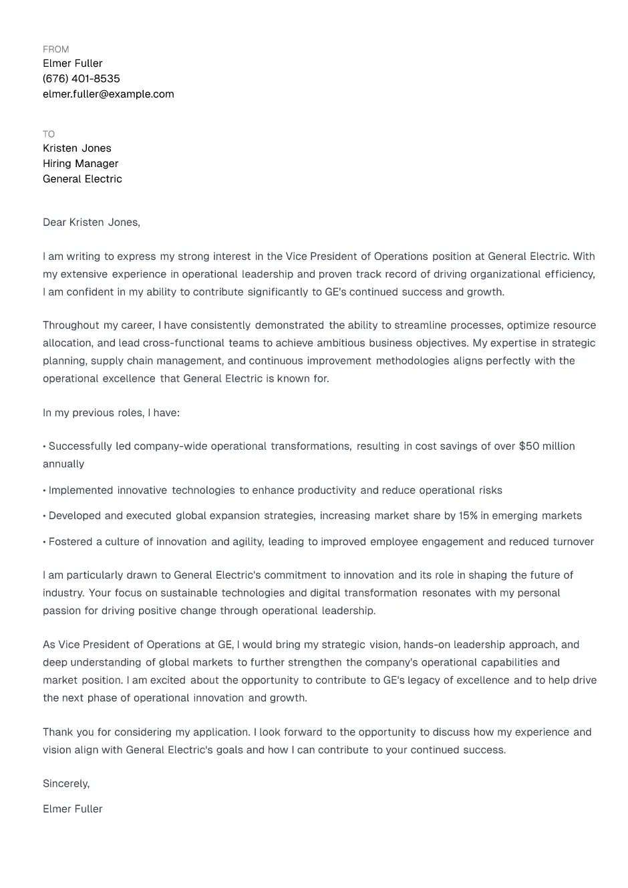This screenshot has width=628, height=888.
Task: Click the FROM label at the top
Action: [55, 49]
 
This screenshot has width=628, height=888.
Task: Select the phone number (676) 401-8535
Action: [82, 79]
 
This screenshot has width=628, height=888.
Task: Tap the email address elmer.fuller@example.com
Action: [108, 94]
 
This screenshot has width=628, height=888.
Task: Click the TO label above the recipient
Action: [49, 134]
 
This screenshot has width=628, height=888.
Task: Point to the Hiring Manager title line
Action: [80, 164]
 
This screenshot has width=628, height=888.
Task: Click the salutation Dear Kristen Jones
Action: [91, 223]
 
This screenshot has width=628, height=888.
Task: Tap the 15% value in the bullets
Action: [468, 516]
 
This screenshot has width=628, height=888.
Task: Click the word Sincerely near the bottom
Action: [65, 784]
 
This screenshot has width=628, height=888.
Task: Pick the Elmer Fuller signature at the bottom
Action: [72, 809]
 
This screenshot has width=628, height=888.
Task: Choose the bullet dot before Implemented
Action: [45, 491]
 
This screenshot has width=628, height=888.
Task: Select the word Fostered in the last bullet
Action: [70, 542]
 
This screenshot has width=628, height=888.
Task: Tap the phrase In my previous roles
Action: [92, 413]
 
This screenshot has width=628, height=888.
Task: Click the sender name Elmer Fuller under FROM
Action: [72, 63]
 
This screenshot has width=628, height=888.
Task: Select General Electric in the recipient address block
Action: [82, 179]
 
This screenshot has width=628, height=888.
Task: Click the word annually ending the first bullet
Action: [63, 464]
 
